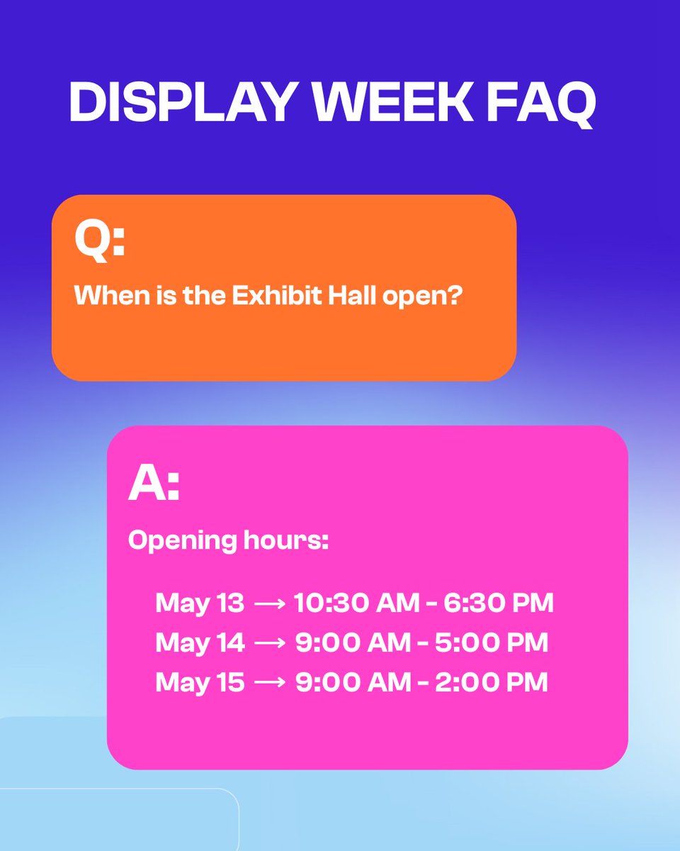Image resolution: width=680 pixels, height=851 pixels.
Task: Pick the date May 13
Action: [200, 604]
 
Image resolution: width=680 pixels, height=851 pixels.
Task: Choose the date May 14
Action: [200, 643]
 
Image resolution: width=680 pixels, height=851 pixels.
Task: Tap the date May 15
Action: [200, 682]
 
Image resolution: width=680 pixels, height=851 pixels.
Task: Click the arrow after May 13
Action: [269, 604]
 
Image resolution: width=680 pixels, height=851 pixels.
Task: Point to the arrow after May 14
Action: [269, 643]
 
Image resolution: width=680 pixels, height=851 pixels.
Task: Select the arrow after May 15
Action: [269, 683]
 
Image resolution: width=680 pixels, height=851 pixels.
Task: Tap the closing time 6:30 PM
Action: [499, 604]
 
